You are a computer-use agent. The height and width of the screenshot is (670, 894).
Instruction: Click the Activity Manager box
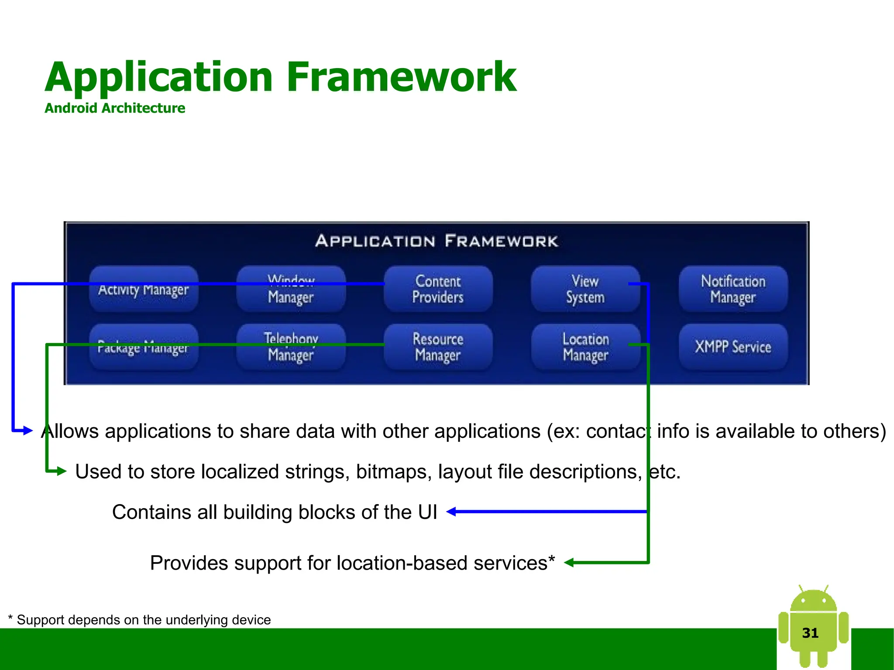(144, 289)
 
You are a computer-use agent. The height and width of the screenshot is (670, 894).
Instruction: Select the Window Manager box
(291, 289)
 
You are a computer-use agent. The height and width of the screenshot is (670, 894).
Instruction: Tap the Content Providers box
(438, 289)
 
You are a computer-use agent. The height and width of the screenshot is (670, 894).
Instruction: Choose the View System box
(585, 289)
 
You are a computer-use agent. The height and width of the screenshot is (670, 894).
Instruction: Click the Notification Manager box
(733, 289)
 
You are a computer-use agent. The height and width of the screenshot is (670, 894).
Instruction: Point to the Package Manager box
(144, 347)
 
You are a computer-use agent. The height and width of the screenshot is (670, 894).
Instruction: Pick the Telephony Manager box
(291, 347)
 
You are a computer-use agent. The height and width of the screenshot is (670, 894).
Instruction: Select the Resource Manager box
(438, 347)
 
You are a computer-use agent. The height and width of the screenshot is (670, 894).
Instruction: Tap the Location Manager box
(585, 347)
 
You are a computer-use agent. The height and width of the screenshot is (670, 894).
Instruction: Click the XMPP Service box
(733, 347)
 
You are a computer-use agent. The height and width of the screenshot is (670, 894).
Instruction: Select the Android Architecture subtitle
(115, 108)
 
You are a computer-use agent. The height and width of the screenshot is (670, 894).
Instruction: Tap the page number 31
(810, 633)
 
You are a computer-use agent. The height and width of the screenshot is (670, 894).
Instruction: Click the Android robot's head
(813, 601)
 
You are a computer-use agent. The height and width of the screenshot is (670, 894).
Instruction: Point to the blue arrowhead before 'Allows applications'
(28, 431)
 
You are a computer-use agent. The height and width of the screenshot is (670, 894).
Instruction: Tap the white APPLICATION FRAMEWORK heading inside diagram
(437, 241)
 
